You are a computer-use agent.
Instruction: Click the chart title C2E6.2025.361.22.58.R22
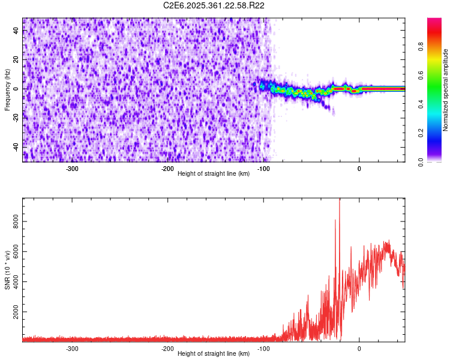click(x=214, y=5)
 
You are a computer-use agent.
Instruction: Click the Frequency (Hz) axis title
click(x=7, y=90)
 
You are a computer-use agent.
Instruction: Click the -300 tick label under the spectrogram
click(x=72, y=168)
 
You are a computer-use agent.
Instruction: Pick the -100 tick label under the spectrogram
click(x=263, y=168)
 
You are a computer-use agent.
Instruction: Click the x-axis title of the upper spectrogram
click(x=214, y=173)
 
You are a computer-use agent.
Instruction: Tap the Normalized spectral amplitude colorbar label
click(x=445, y=90)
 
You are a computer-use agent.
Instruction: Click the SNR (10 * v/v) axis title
click(x=7, y=270)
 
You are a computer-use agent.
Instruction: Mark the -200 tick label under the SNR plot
click(x=167, y=349)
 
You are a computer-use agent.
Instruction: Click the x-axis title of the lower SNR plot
click(x=214, y=354)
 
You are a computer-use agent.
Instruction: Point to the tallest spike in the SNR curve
click(x=340, y=200)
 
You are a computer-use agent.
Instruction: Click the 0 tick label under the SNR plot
click(x=359, y=349)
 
